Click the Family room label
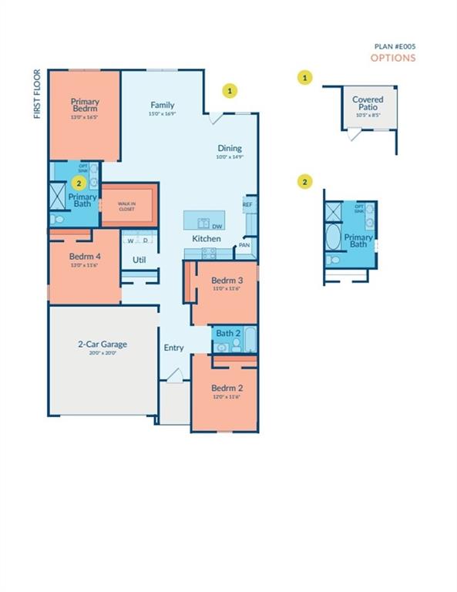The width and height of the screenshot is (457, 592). pyautogui.click(x=162, y=105)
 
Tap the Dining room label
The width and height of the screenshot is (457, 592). pyautogui.click(x=229, y=148)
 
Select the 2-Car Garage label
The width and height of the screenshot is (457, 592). pyautogui.click(x=102, y=344)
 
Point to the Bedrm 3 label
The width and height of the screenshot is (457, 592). pyautogui.click(x=227, y=279)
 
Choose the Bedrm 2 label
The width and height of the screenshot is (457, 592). pyautogui.click(x=227, y=388)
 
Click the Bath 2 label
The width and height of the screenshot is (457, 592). pyautogui.click(x=227, y=333)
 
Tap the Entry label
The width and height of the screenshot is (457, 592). pyautogui.click(x=174, y=348)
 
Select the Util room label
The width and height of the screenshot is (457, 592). pyautogui.click(x=139, y=260)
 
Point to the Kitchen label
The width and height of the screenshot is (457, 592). pyautogui.click(x=207, y=239)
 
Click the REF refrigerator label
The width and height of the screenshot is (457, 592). pyautogui.click(x=247, y=204)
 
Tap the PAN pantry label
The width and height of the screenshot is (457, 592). pyautogui.click(x=244, y=245)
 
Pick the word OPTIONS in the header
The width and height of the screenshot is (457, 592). pyautogui.click(x=393, y=58)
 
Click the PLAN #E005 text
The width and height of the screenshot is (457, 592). pyautogui.click(x=395, y=46)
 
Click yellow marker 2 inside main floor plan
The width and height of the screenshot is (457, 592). pyautogui.click(x=78, y=183)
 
